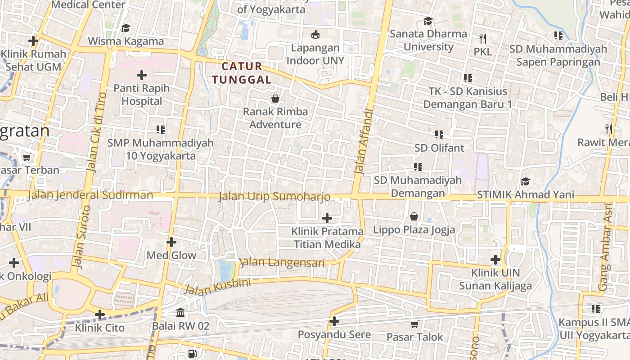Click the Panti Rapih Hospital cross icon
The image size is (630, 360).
coord(142,75)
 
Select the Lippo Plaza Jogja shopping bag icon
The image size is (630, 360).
coord(414,216)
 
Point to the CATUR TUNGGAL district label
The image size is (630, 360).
coord(242,73)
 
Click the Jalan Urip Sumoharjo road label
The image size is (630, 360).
coord(274,197)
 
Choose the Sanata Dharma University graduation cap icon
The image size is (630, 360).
coord(428,21)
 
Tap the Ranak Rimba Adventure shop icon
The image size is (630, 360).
coord(275,99)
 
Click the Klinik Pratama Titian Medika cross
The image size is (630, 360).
coord(327,218)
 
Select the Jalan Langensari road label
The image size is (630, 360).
coord(282,262)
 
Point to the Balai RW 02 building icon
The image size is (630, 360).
coord(180,312)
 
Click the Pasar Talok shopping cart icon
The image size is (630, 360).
coord(414,324)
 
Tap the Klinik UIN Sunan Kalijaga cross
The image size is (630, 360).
coord(495,260)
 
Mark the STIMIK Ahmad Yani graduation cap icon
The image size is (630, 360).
coord(525,181)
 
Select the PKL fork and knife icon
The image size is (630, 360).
coord(483,38)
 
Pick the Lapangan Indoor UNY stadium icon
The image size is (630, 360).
coord(315,34)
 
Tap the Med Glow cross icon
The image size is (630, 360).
coord(171,242)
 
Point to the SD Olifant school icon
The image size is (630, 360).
coord(439,134)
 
